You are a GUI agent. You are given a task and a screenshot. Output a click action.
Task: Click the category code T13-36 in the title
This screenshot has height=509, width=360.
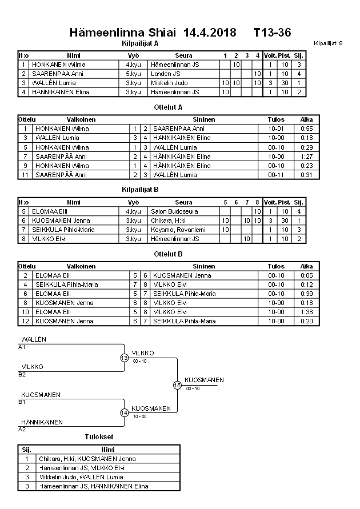pos(272,33)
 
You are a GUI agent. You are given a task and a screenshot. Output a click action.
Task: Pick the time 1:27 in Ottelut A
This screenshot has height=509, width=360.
pos(307,156)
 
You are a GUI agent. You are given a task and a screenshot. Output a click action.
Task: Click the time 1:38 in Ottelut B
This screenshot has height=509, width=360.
pos(307,312)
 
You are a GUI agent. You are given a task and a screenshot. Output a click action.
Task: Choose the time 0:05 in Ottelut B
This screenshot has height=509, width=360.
pos(307,275)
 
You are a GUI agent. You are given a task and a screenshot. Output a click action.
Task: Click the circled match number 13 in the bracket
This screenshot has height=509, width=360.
pos(125,358)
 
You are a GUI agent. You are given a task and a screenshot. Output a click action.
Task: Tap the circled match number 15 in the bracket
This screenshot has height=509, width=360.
pos(177,385)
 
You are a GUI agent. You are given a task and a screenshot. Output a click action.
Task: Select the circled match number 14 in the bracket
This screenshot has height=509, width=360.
pos(125,412)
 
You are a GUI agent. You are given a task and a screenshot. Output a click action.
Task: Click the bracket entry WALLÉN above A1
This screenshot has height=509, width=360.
pos(34,339)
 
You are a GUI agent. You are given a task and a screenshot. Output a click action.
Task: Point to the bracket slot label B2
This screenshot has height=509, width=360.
pos(22,375)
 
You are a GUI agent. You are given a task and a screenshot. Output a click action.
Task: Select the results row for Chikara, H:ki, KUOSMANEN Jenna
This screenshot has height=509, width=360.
pos(87,458)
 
